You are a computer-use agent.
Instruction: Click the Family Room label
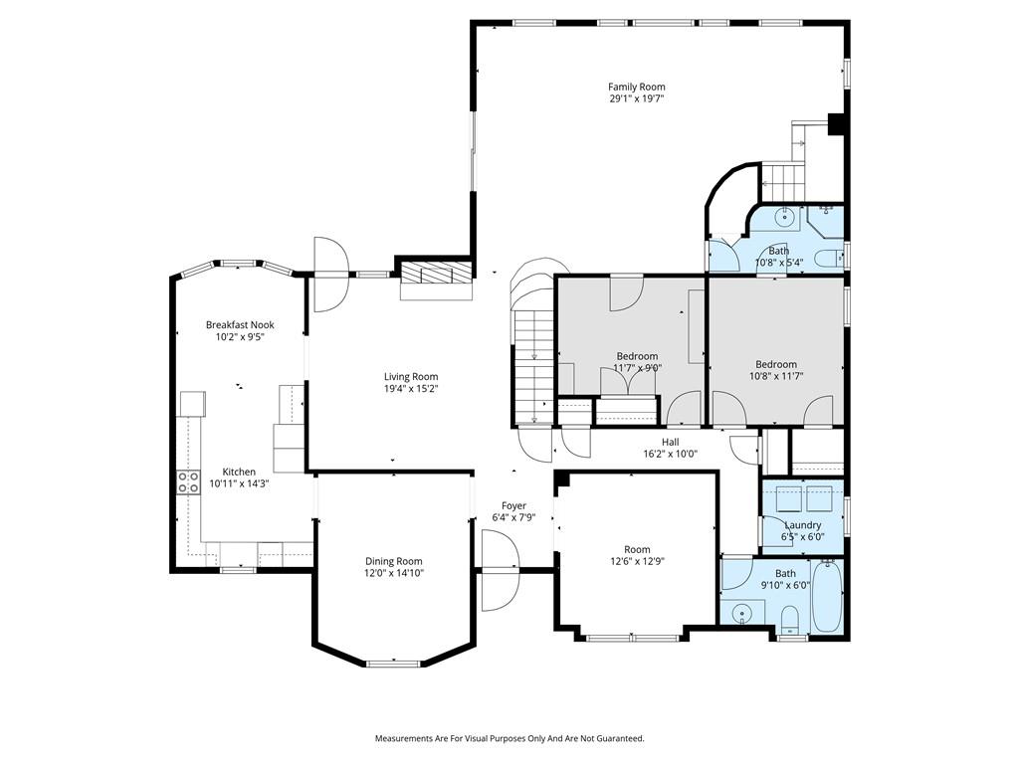pyautogui.click(x=636, y=87)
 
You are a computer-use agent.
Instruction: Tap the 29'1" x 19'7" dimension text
pyautogui.click(x=636, y=98)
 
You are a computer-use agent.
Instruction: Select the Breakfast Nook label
pyautogui.click(x=240, y=325)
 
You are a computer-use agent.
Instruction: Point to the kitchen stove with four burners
pyautogui.click(x=188, y=482)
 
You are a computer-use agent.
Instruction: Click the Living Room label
pyautogui.click(x=411, y=377)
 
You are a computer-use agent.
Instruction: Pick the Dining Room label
pyautogui.click(x=393, y=561)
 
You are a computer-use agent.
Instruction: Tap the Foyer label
pyautogui.click(x=513, y=505)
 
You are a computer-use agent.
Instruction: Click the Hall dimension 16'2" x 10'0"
pyautogui.click(x=670, y=454)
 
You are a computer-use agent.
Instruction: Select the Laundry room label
pyautogui.click(x=803, y=525)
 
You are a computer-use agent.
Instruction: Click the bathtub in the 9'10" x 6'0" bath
pyautogui.click(x=827, y=596)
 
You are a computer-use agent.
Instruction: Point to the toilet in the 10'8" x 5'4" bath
pyautogui.click(x=829, y=258)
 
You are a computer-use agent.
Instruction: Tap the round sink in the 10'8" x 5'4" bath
pyautogui.click(x=786, y=217)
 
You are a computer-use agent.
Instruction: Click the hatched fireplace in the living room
pyautogui.click(x=435, y=272)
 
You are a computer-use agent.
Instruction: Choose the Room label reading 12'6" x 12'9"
pyautogui.click(x=637, y=549)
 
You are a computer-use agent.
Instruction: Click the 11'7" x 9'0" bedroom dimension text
pyautogui.click(x=637, y=368)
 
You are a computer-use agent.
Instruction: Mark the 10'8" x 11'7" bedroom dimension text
pyautogui.click(x=776, y=375)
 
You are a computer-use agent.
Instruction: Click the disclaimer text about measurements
pyautogui.click(x=509, y=738)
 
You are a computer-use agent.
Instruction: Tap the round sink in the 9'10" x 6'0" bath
pyautogui.click(x=739, y=613)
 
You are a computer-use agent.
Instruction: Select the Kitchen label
pyautogui.click(x=239, y=472)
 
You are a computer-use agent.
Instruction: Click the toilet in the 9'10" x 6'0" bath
pyautogui.click(x=789, y=619)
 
